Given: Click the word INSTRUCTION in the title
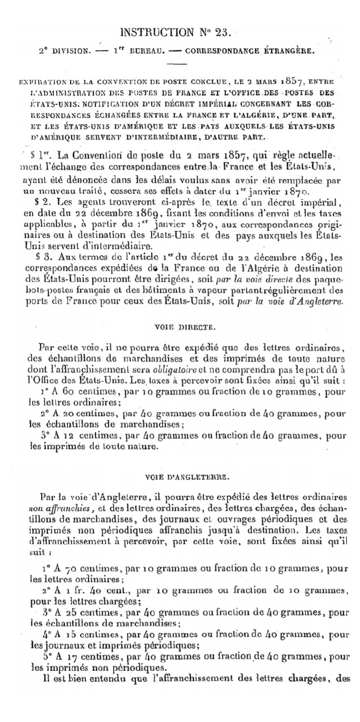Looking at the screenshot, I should (156, 33).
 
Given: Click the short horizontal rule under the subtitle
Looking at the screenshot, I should (179, 65).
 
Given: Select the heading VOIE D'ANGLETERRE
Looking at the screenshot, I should (179, 477).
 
